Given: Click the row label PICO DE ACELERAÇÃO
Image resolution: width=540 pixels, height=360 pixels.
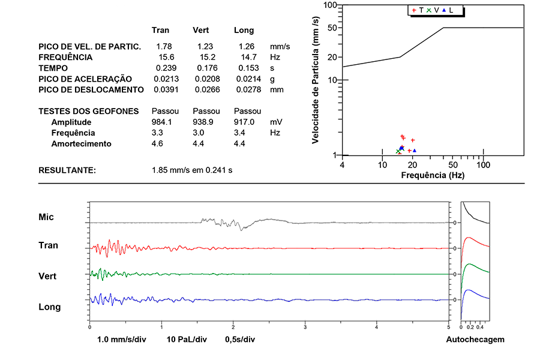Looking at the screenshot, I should coord(85,79).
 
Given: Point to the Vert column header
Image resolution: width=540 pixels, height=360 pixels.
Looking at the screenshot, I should coord(201,30).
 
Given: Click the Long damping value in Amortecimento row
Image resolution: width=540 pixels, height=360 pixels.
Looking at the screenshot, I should coord(239,143).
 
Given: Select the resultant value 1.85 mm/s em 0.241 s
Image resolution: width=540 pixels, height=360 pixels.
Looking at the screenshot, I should coord(192,170).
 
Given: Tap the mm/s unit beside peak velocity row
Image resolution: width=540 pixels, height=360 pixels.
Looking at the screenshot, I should coord(280,46).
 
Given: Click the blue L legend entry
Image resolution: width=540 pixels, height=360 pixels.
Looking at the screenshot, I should coord(448,10).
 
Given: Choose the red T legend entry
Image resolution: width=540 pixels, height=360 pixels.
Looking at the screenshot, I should coord(418,10).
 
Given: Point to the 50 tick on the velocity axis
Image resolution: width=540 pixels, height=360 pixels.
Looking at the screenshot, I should coord(330,28).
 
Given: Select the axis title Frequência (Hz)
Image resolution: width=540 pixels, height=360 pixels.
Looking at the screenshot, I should coord(432,175).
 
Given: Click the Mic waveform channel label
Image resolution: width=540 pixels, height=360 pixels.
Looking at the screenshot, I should coord(46,217).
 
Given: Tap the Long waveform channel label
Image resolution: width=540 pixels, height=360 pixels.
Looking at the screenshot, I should coord(49,307).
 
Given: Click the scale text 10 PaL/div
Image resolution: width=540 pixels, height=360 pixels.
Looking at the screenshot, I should coord(187,339).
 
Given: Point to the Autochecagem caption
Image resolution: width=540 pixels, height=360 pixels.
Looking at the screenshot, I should coord(475,339).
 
